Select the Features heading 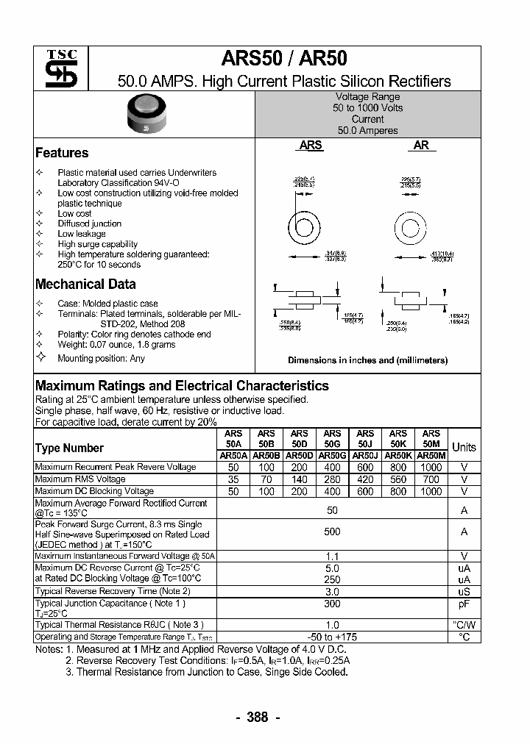tap(62, 153)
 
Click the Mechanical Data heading tap(85, 285)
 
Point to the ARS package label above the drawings tap(311, 146)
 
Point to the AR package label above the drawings tap(421, 146)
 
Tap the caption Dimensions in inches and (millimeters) tap(367, 360)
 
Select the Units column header tap(464, 447)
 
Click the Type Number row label tap(69, 448)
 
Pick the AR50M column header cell tap(431, 456)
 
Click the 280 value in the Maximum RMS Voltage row tap(332, 479)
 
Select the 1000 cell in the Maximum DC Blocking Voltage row tap(431, 491)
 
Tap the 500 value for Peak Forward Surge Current tap(332, 532)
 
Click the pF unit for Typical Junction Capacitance tap(464, 604)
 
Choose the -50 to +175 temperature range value tap(332, 637)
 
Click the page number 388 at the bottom tap(258, 718)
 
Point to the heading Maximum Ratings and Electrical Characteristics tap(182, 386)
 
